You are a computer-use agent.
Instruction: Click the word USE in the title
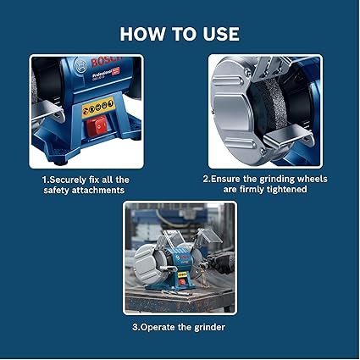click(x=221, y=34)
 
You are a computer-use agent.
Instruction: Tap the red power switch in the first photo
click(x=97, y=126)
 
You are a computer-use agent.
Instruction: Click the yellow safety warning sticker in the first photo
click(x=98, y=107)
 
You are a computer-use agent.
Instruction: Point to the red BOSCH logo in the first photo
click(x=106, y=60)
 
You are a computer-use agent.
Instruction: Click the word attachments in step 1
click(x=98, y=191)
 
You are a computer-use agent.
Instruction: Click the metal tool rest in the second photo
click(x=288, y=137)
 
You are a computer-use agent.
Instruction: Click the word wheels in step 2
click(x=313, y=179)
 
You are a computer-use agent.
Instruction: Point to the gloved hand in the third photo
click(x=223, y=263)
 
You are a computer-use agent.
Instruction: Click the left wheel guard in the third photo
click(x=146, y=263)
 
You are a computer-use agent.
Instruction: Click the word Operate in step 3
click(x=158, y=328)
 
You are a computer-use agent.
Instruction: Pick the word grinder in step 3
click(x=209, y=328)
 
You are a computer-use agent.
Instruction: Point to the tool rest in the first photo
click(x=47, y=112)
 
